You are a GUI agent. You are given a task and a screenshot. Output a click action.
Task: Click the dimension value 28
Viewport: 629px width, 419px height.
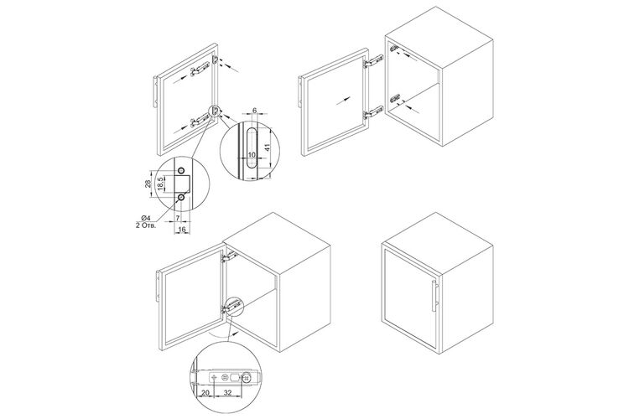(x=148, y=184)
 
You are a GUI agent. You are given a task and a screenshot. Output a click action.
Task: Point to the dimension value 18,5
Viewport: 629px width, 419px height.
(x=159, y=184)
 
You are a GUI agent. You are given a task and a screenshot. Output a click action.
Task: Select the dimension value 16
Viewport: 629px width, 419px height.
(x=182, y=229)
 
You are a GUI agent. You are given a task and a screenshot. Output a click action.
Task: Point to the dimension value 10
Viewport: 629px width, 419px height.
(x=252, y=154)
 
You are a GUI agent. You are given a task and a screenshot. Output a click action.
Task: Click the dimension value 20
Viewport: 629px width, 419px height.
(x=205, y=393)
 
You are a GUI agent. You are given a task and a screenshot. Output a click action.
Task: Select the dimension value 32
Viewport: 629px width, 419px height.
(x=227, y=393)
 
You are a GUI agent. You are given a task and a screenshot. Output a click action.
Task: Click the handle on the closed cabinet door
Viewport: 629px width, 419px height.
(x=434, y=296)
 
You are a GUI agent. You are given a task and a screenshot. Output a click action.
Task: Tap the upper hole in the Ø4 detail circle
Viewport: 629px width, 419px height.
(x=181, y=170)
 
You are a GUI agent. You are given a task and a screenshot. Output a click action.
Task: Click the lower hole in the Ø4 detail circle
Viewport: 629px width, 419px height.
(x=181, y=197)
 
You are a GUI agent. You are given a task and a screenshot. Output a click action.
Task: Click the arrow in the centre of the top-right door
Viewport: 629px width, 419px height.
(x=344, y=100)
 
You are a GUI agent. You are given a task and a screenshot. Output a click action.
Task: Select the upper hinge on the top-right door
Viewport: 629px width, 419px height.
(x=374, y=61)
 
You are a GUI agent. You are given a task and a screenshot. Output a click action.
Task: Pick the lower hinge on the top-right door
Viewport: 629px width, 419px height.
(x=374, y=112)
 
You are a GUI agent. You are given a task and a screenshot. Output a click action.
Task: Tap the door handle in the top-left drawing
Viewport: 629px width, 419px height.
(x=155, y=91)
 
